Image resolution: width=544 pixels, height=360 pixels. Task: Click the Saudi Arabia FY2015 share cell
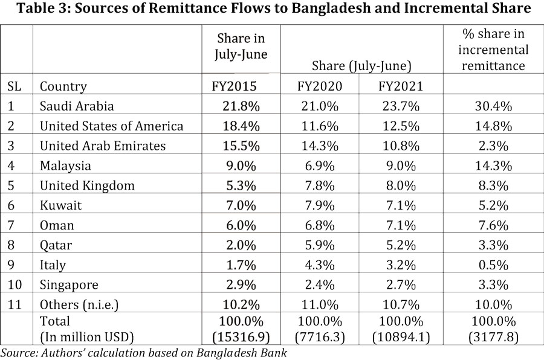tap(241, 106)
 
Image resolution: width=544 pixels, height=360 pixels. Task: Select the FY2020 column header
tap(320, 86)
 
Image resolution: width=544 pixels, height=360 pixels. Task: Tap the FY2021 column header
tap(400, 86)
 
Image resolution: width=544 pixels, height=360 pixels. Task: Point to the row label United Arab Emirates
tap(102, 146)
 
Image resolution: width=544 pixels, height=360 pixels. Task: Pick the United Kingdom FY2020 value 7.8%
tap(320, 185)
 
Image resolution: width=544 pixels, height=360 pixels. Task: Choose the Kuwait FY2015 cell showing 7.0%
tap(241, 205)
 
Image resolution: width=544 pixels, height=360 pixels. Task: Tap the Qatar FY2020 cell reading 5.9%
tap(320, 245)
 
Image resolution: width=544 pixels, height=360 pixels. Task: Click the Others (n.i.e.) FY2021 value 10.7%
tap(400, 304)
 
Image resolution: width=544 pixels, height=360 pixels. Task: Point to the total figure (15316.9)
tap(241, 336)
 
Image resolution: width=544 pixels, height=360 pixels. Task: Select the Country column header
tap(63, 86)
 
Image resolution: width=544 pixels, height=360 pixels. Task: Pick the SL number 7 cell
tap(13, 225)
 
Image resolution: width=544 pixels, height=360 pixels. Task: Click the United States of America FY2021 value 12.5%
tap(400, 126)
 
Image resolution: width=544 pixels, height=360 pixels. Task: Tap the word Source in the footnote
tap(19, 353)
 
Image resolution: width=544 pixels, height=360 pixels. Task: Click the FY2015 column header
tap(241, 86)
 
